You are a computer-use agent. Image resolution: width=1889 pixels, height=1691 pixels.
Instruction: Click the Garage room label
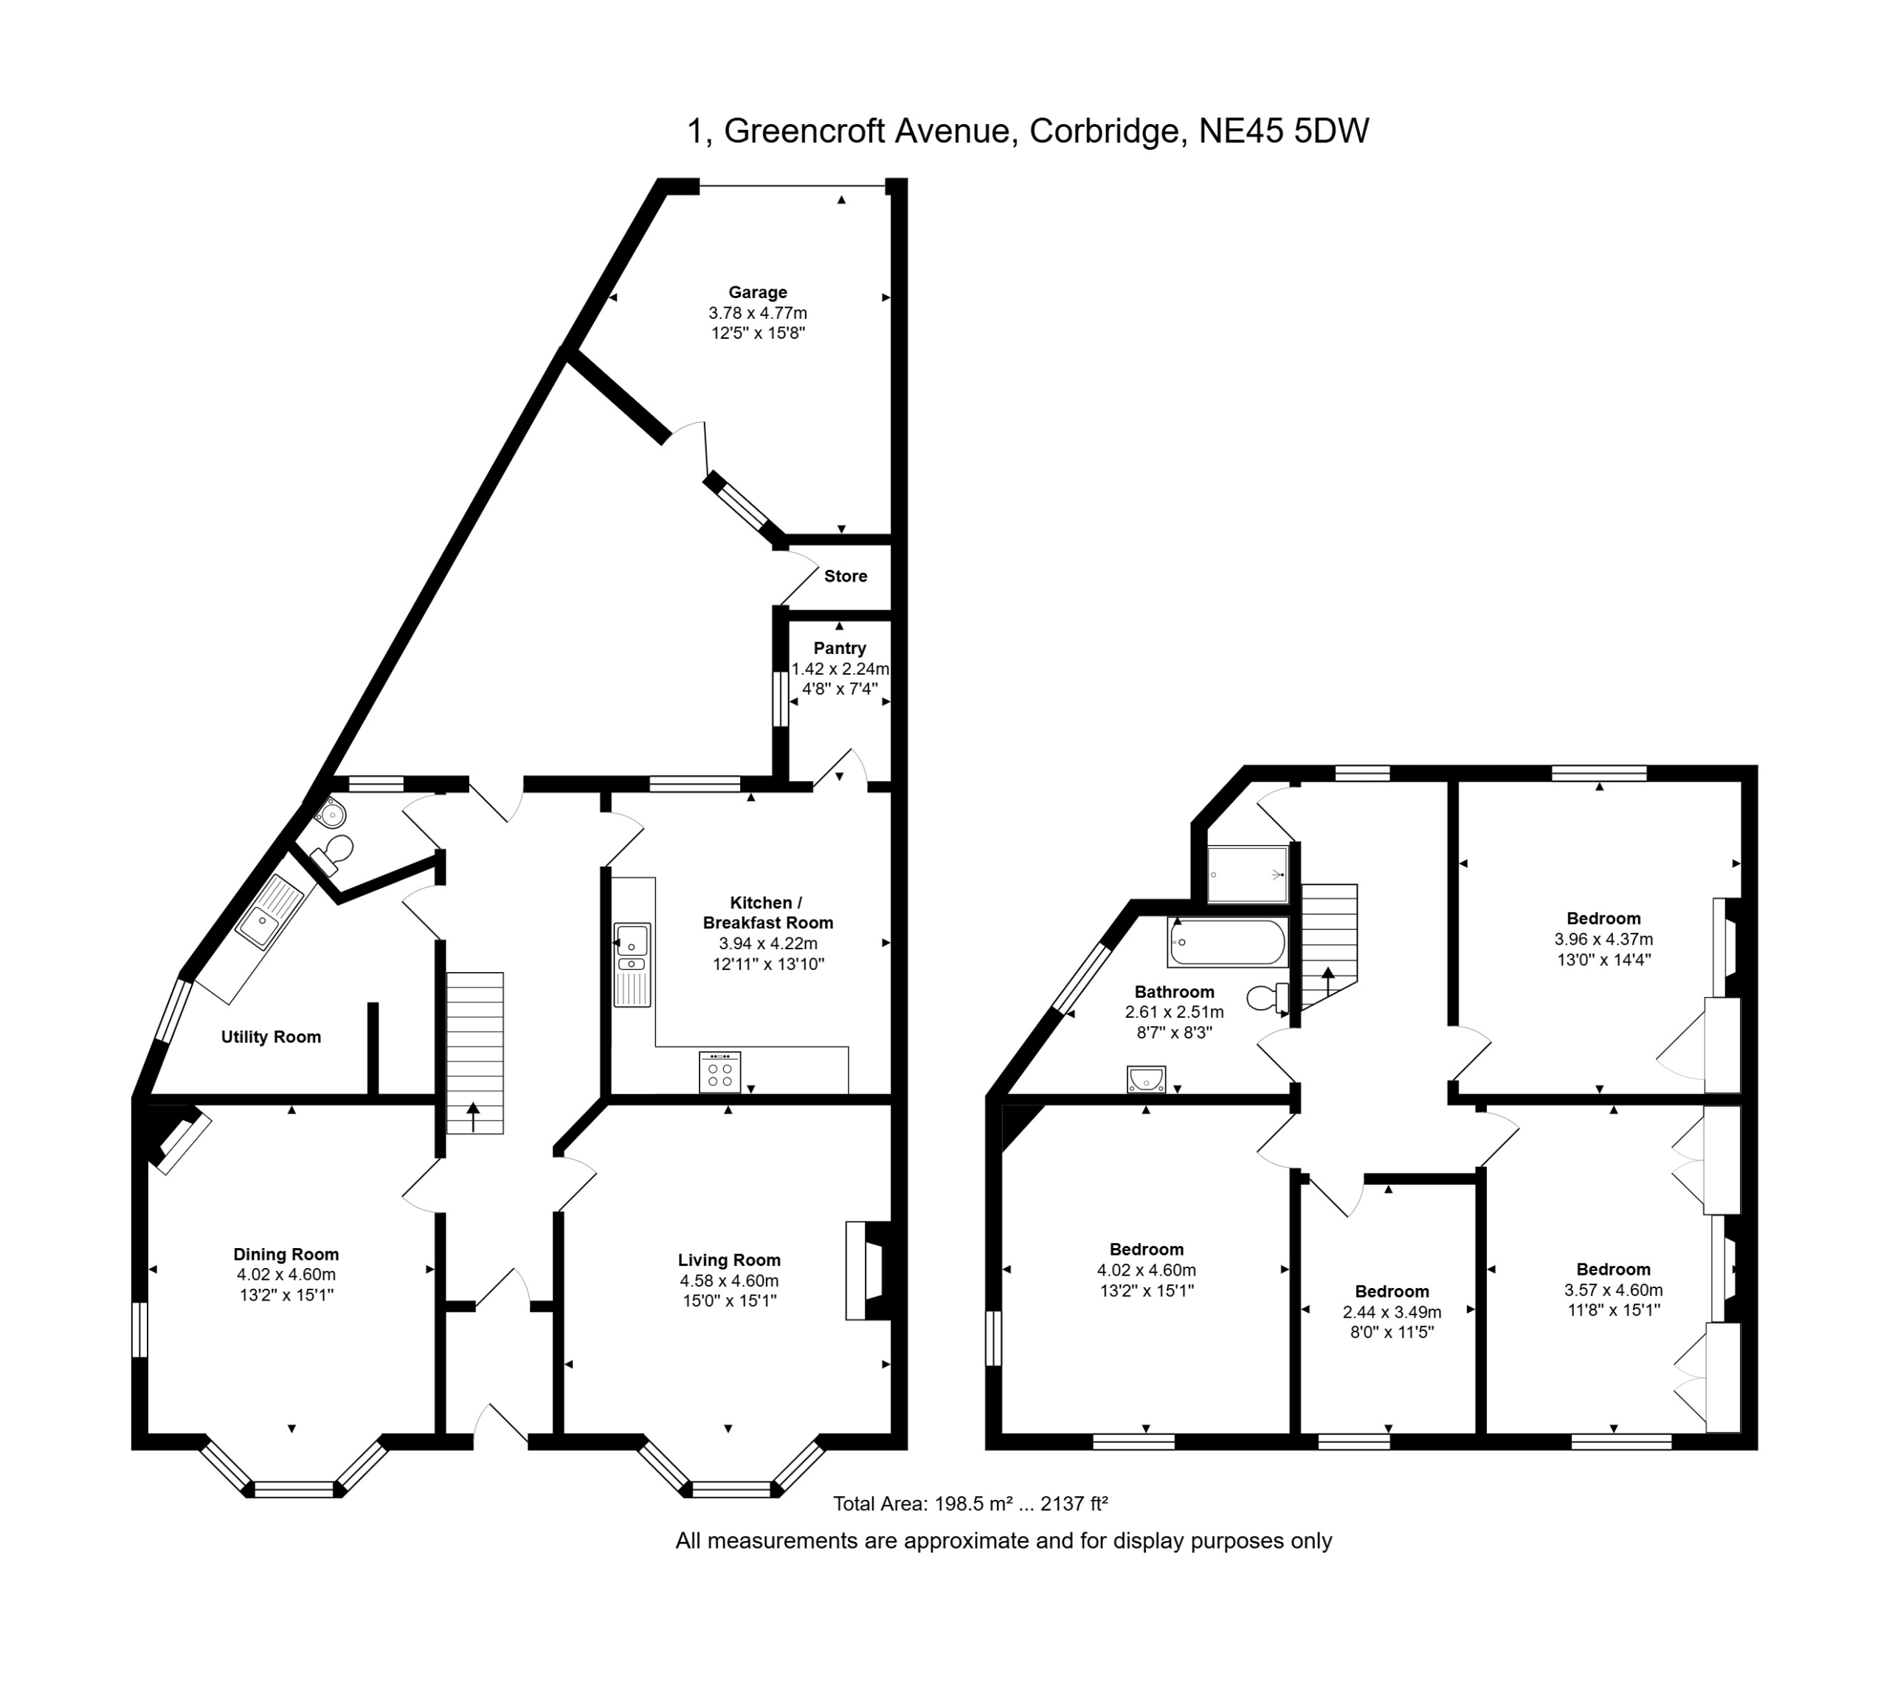click(757, 293)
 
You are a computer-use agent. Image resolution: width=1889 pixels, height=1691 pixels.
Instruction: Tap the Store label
click(845, 576)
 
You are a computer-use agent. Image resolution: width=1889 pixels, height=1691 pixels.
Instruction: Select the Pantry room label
click(840, 649)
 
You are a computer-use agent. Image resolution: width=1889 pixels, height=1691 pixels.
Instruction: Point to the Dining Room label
click(286, 1254)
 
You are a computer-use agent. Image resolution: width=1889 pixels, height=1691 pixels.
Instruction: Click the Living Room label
click(729, 1260)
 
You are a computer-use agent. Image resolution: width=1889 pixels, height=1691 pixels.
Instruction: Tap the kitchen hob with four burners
click(719, 1071)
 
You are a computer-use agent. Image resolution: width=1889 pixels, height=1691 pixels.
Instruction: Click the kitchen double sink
click(632, 965)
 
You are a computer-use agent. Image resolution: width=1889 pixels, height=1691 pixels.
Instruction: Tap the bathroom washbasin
click(1147, 1078)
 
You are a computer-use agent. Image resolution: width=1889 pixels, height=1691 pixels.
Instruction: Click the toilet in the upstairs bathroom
click(1268, 998)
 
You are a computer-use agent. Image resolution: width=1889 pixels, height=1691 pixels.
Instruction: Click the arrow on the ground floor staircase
click(474, 1116)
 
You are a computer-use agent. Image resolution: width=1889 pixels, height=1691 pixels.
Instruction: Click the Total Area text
click(970, 1504)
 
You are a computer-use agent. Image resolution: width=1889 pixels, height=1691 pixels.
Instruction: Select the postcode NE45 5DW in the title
click(1283, 131)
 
